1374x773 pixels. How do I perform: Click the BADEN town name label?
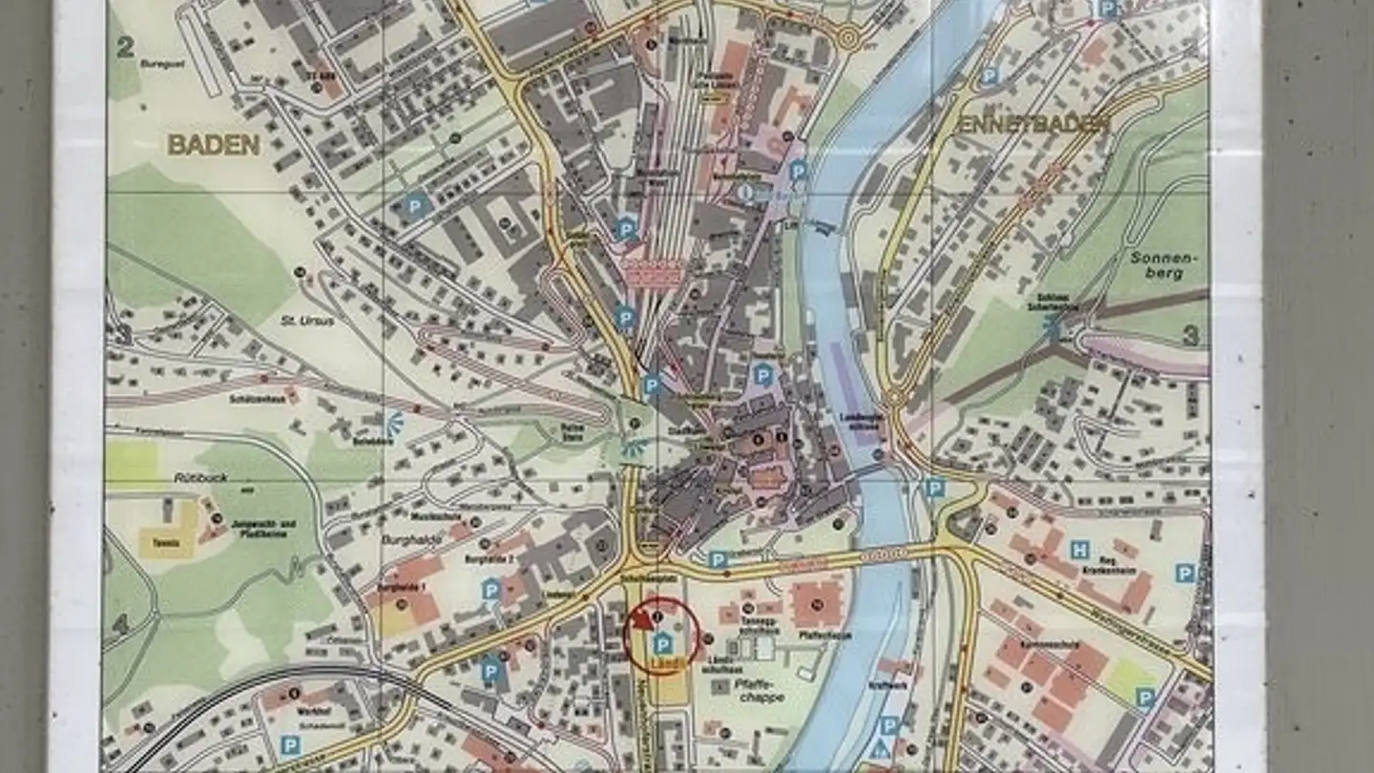(214, 145)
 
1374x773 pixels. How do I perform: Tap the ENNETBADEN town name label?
(1034, 125)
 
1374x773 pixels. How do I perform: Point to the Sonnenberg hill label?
(1156, 265)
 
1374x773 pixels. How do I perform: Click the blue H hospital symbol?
(1079, 550)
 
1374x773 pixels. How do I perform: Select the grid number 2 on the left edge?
(124, 47)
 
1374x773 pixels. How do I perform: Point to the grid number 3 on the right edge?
(1190, 336)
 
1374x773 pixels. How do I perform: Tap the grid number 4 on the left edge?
(120, 624)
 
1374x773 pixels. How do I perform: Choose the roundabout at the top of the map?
(847, 38)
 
